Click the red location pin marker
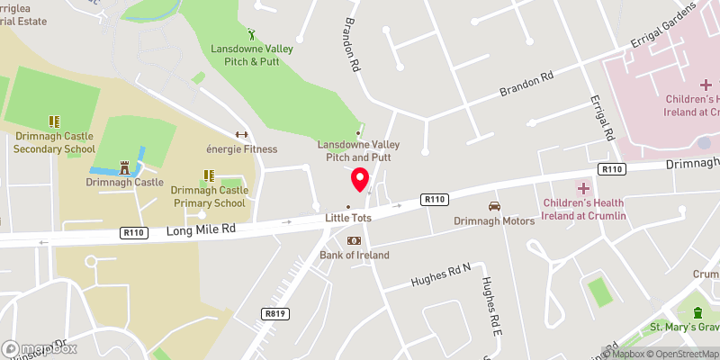coord(360,178)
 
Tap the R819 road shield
coord(275,313)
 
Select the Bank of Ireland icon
coord(355,241)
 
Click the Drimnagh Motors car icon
coord(493,207)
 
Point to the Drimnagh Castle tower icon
coord(125,167)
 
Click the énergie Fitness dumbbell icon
coord(240,135)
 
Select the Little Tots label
coord(348,218)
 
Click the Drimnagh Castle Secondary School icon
coord(53,121)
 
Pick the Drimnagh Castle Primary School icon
coord(208,175)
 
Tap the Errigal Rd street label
coord(601,118)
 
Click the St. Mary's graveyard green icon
coord(697,312)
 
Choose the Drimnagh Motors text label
coord(494,221)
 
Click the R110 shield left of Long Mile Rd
coord(133,232)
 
